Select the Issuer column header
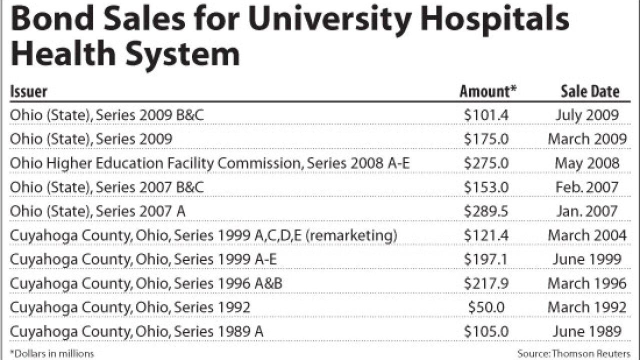coord(28,91)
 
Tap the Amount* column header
coord(487,91)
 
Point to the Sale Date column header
coord(589,91)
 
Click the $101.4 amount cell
coord(486,115)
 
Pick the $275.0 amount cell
coord(486,163)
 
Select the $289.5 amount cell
coord(486,211)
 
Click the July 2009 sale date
coord(587,115)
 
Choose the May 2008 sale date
coord(587,163)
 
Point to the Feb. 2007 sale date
coord(587,187)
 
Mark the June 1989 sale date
coord(587,331)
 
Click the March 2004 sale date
coord(587,235)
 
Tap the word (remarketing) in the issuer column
coord(350,235)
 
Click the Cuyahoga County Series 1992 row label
coord(130,307)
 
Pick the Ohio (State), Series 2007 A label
coord(97,211)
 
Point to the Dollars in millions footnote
coord(52,353)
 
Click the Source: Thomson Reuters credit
coord(573,353)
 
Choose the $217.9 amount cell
coord(486,283)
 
